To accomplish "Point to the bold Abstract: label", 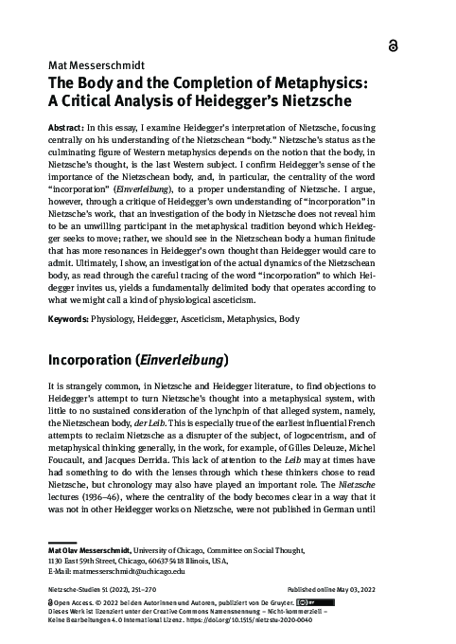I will tap(68, 126).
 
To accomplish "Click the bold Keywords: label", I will tap(72, 319).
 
